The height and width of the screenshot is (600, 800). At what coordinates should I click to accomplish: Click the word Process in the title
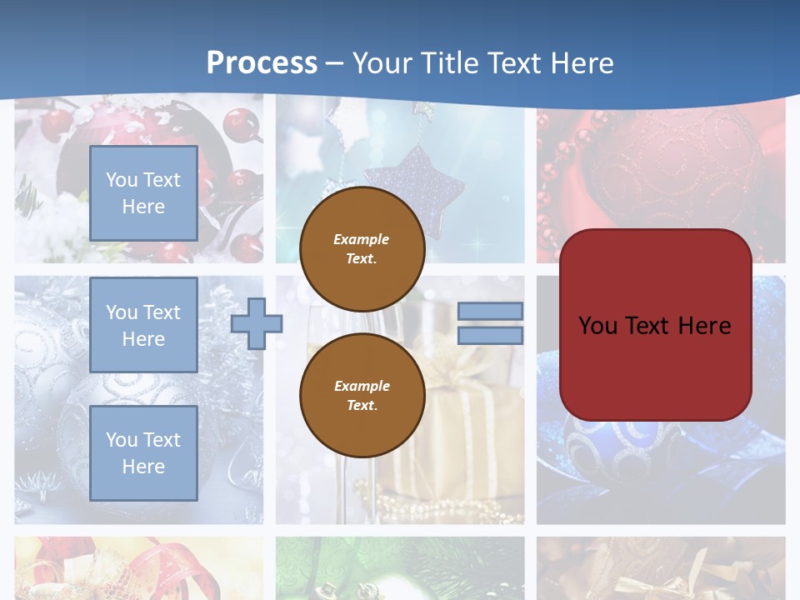tap(262, 63)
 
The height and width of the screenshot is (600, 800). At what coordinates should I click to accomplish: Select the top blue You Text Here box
tap(143, 193)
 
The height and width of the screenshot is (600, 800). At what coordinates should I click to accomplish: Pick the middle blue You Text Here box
tap(143, 325)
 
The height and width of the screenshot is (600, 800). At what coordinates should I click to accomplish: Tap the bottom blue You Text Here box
tap(143, 453)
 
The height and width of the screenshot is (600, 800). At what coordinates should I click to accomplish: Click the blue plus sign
tap(256, 323)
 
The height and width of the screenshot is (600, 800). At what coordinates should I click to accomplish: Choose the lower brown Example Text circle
tap(362, 396)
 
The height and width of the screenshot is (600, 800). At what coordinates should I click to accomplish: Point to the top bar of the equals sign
tap(490, 311)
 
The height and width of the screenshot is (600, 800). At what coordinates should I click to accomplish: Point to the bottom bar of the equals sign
tap(490, 336)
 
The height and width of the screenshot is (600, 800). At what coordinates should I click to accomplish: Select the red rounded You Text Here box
tap(655, 325)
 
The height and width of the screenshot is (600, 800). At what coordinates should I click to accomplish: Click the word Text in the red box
tap(652, 326)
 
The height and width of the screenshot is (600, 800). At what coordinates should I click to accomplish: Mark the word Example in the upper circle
tap(362, 239)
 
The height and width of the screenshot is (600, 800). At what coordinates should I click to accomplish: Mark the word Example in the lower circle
tap(362, 386)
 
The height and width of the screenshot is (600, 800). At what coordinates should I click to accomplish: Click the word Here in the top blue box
tap(143, 207)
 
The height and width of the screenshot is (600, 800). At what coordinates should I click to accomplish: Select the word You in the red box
tap(597, 326)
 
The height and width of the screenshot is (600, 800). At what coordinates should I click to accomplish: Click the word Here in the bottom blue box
tap(143, 467)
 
